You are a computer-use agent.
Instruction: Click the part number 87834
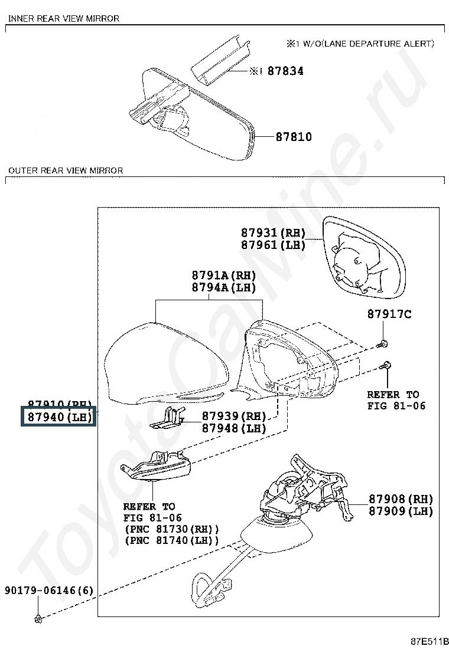tap(285, 71)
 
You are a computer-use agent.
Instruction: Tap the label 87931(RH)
tap(273, 233)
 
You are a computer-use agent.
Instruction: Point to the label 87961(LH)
tap(273, 245)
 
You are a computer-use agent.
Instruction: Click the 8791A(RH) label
tap(223, 275)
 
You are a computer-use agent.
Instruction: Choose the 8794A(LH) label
tap(223, 288)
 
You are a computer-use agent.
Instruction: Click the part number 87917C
tap(389, 314)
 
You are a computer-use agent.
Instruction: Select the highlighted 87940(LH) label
tap(58, 418)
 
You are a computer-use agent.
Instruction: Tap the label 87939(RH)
tap(234, 416)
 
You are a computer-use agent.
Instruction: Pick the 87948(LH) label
tap(234, 428)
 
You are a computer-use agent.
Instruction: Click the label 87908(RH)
tap(401, 499)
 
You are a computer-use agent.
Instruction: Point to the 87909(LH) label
tap(401, 511)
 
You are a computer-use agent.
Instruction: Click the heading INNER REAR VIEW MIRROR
tap(64, 18)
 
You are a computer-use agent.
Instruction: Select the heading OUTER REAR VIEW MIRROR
tap(66, 170)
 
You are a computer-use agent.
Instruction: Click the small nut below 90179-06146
tap(38, 618)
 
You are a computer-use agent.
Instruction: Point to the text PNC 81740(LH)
tap(171, 540)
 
